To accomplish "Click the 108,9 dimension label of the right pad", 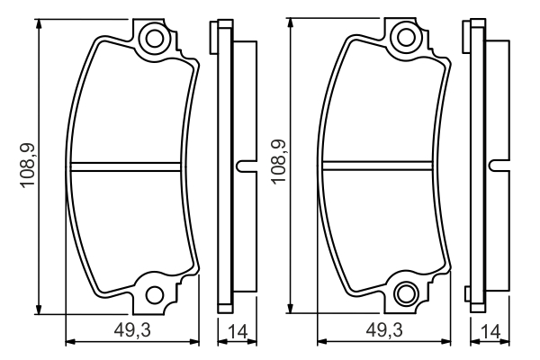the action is click(x=279, y=162).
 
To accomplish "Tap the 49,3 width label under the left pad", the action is click(x=132, y=330).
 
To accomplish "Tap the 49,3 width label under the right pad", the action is click(x=384, y=330).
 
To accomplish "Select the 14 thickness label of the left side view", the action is click(x=238, y=332).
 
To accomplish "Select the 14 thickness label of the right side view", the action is click(x=490, y=332).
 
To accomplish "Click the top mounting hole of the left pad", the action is click(x=154, y=38).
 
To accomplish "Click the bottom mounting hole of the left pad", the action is click(x=154, y=295).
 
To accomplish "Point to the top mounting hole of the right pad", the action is click(x=406, y=37).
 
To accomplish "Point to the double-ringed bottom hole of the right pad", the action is click(x=406, y=293).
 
